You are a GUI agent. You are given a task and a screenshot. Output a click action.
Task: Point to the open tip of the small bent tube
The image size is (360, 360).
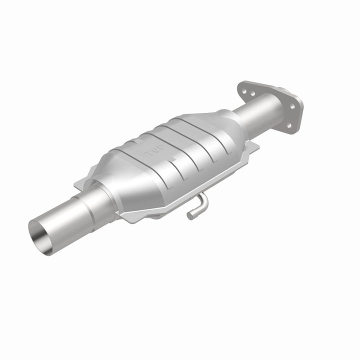point(190,216)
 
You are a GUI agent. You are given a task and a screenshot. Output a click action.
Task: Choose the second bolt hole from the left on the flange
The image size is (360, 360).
point(252,93)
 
